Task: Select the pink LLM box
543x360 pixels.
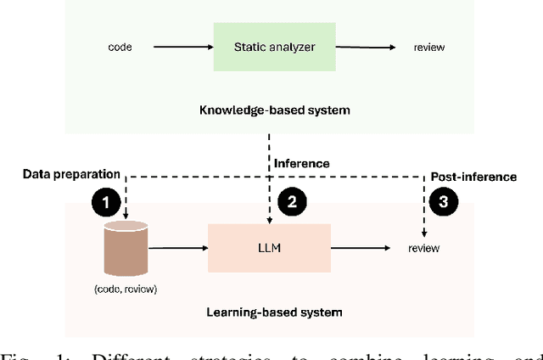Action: click(268, 248)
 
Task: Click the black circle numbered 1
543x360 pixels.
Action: click(104, 203)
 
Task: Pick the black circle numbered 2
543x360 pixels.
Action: click(292, 203)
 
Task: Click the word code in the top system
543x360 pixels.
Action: click(120, 46)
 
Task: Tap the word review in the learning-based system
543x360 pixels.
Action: click(424, 249)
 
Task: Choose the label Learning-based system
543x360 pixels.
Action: click(274, 312)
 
